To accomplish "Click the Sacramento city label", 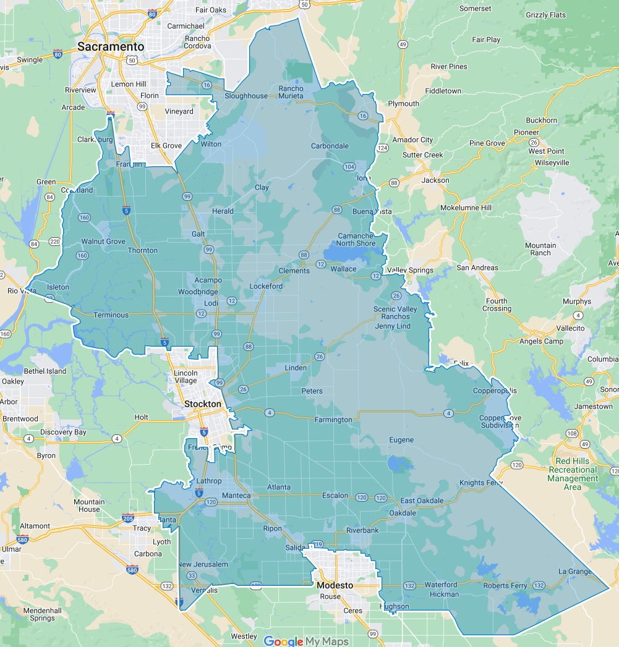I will coord(111,47).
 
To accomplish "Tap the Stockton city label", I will coord(202,404).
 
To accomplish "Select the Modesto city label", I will coord(335,585).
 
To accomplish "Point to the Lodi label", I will coord(211,303).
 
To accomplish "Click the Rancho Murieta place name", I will coord(291,92).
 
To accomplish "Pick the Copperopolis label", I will coord(495,391).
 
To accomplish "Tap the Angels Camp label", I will coord(541,341).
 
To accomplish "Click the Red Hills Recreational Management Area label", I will coord(573,474).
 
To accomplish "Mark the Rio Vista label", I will coord(22,290).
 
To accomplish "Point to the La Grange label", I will coord(574,571).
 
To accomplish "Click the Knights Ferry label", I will coord(482,483).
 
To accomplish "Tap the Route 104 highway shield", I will coord(349,167).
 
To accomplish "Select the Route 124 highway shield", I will coord(383,148).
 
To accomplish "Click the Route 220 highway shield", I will coord(54,241).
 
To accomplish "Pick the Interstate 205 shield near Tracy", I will coord(128,518).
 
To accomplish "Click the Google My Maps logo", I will coord(306,641).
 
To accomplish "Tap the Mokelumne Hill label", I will coord(466,208).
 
